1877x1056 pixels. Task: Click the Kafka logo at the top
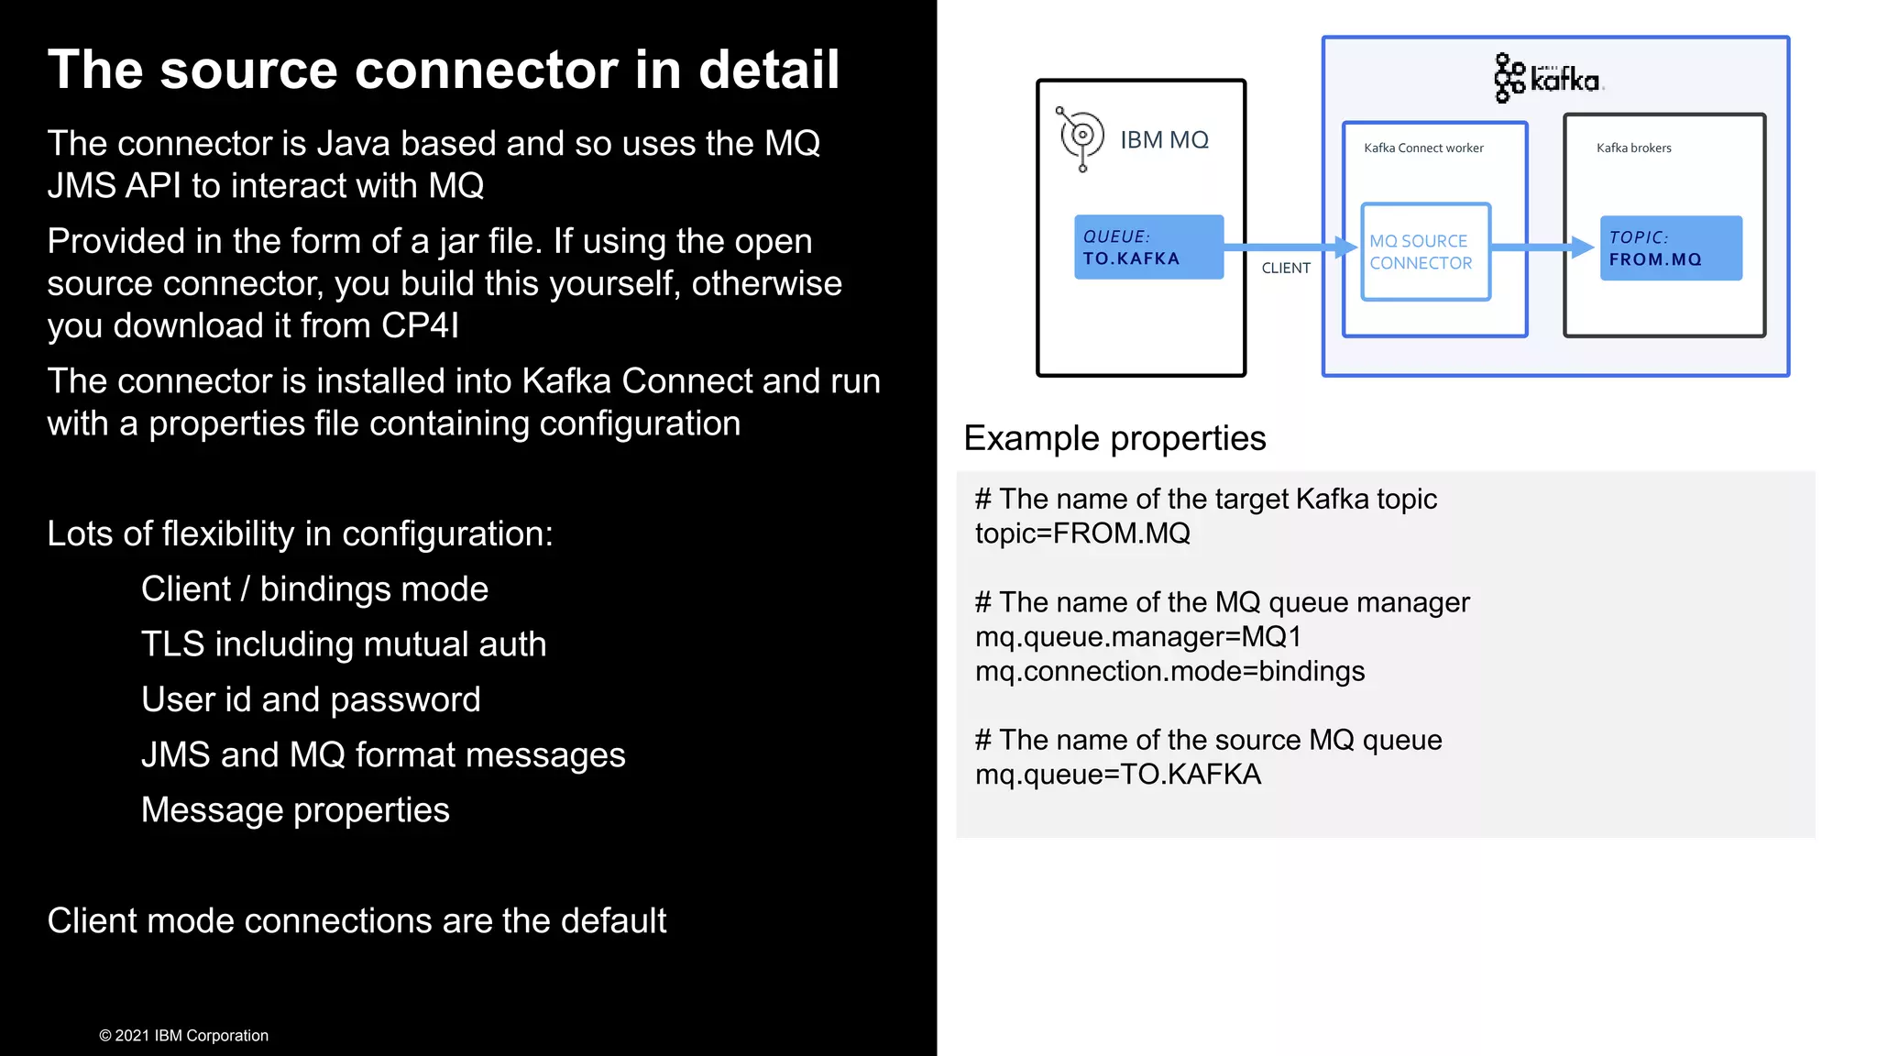point(1549,78)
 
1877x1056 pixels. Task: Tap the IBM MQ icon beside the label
point(1081,137)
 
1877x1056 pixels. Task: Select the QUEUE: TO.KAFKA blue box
point(1148,247)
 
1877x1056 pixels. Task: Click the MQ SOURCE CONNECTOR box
point(1425,252)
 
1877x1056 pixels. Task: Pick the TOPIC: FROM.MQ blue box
point(1670,248)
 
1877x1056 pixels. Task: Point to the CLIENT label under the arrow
point(1286,268)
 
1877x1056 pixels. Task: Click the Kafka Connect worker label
point(1423,148)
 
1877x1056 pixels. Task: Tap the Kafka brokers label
point(1633,148)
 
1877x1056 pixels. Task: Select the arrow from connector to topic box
point(1542,247)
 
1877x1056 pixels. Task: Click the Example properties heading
point(1114,438)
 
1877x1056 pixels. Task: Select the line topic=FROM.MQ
point(1082,533)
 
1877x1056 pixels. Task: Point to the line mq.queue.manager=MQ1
point(1137,636)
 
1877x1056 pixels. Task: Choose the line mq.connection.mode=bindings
point(1169,671)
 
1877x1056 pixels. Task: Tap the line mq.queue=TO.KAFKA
point(1117,775)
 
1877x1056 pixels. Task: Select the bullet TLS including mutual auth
point(344,644)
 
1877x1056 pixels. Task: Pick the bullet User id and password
point(311,699)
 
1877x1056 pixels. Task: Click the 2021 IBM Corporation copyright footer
point(183,1035)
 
